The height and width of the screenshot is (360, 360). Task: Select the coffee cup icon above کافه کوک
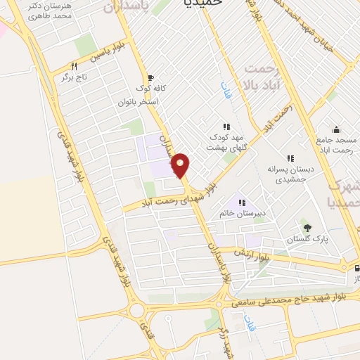click(149, 78)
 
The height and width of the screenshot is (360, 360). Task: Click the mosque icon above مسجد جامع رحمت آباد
click(337, 129)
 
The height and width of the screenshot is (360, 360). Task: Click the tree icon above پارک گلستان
click(307, 226)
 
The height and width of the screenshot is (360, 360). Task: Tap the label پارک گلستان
click(307, 240)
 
